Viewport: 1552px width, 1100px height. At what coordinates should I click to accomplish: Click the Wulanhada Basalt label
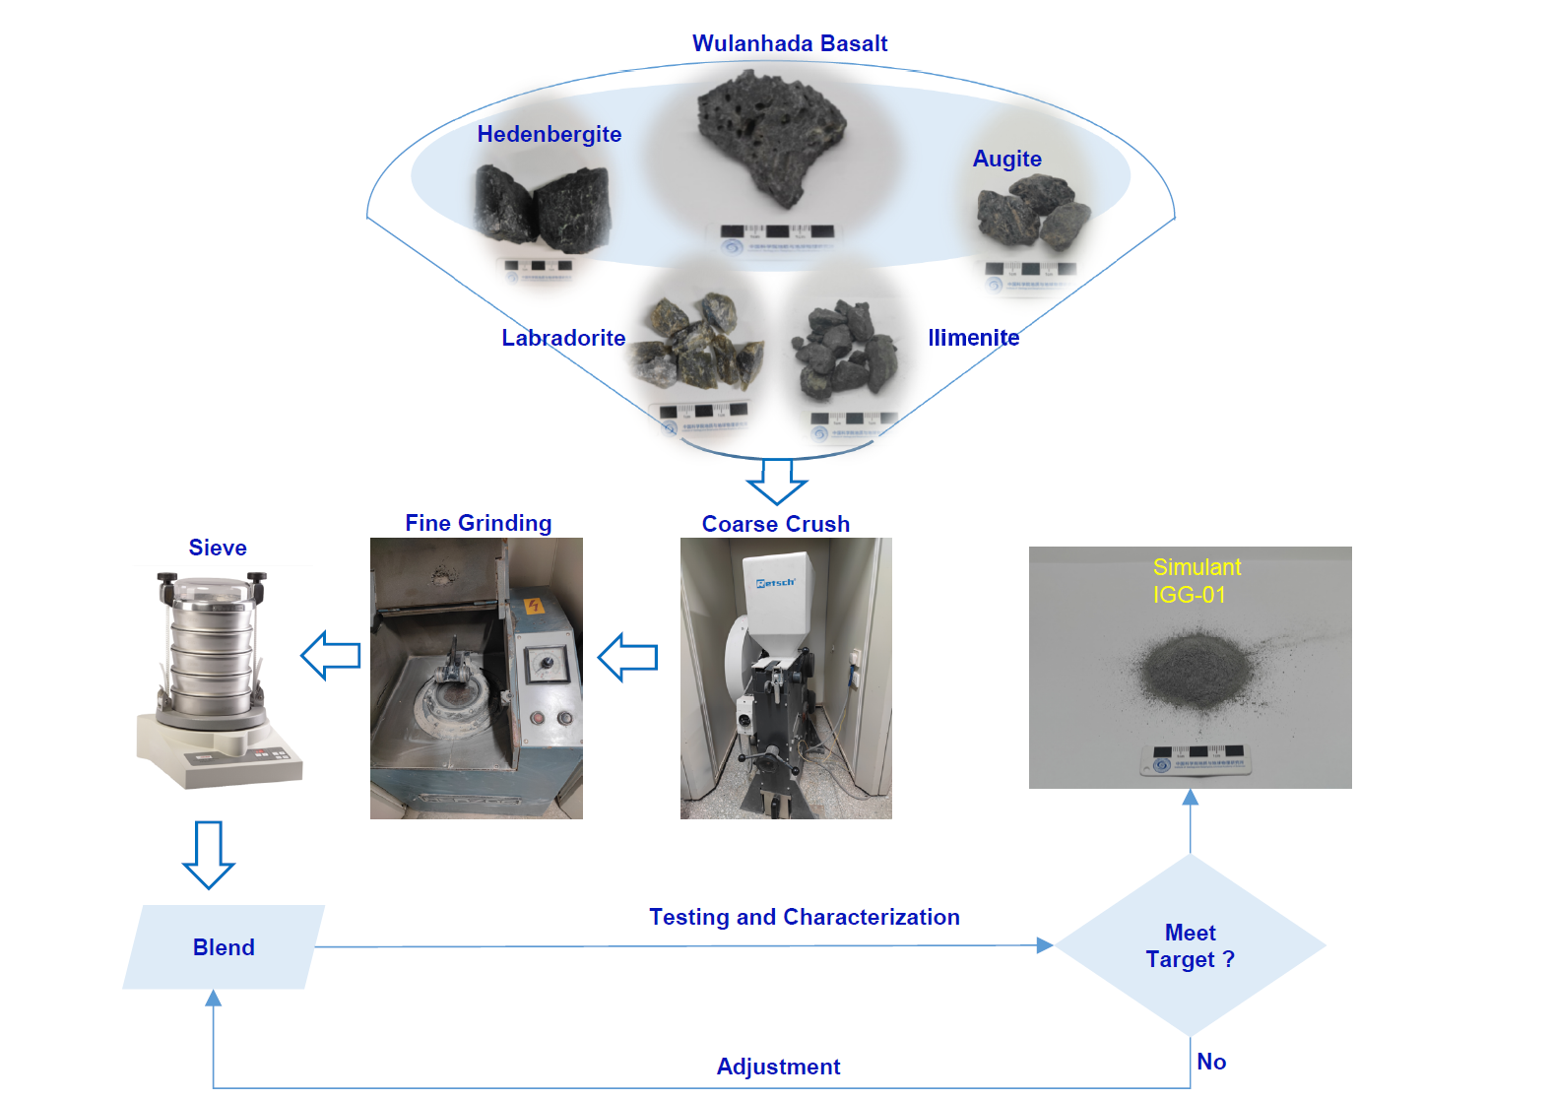pos(790,44)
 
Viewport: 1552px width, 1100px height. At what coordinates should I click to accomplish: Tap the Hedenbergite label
pos(550,135)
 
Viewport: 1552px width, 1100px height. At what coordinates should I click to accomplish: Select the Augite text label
pos(1006,160)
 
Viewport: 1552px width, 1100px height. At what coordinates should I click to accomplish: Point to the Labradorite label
pos(563,339)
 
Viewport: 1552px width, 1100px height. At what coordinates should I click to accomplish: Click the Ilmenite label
pos(973,339)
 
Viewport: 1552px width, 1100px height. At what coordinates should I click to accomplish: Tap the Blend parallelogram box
pos(224,947)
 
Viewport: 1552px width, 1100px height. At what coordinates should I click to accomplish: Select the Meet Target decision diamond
pos(1190,945)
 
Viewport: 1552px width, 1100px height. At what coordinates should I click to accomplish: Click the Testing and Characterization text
pos(804,918)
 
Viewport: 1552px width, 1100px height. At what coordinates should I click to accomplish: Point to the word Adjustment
pos(778,1068)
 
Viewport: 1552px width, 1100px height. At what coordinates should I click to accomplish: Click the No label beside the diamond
pos(1211,1063)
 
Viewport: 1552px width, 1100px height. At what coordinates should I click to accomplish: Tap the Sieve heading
pos(218,549)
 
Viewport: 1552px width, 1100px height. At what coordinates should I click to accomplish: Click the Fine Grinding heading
pos(479,524)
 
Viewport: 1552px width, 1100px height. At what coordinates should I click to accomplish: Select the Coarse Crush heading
pos(776,525)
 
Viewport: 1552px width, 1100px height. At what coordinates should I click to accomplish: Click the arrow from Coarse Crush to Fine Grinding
pos(627,657)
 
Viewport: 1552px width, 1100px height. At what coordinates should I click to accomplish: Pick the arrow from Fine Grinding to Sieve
pos(330,656)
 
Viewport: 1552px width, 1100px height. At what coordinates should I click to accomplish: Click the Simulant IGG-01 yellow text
pos(1196,581)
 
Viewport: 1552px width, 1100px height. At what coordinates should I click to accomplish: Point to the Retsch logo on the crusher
pos(775,583)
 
